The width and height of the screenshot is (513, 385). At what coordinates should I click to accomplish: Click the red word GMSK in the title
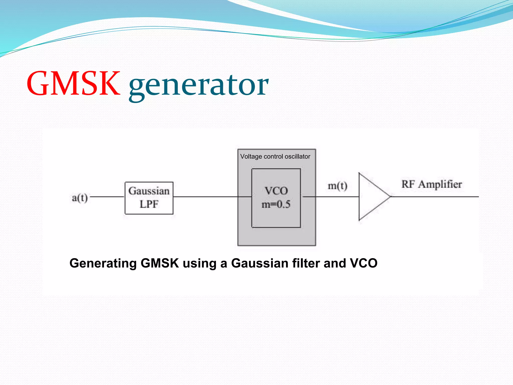click(73, 84)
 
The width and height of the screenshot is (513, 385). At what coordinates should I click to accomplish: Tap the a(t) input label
click(80, 198)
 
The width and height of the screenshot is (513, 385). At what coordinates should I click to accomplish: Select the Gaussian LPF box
click(149, 198)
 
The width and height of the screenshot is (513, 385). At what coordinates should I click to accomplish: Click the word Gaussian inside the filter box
click(149, 191)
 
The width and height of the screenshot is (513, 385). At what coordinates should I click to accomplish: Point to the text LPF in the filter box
click(149, 204)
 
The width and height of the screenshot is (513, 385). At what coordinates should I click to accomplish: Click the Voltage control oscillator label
click(275, 157)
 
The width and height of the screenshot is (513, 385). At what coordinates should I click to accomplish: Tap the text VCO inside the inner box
click(276, 191)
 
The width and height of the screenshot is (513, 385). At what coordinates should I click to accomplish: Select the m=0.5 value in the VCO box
click(276, 205)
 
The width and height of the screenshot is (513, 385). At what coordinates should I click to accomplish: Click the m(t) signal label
click(337, 186)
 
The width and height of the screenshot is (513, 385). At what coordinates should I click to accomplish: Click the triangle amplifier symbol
click(371, 197)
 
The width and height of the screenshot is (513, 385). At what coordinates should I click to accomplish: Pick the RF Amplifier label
click(432, 184)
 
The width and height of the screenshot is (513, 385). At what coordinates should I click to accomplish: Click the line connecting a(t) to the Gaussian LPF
click(107, 197)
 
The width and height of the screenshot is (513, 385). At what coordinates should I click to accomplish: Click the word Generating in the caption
click(103, 263)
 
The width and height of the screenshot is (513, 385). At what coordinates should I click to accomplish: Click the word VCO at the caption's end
click(363, 263)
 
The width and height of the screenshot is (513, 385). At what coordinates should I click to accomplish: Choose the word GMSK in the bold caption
click(160, 263)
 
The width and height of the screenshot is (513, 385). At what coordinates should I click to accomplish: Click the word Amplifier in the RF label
click(440, 184)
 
